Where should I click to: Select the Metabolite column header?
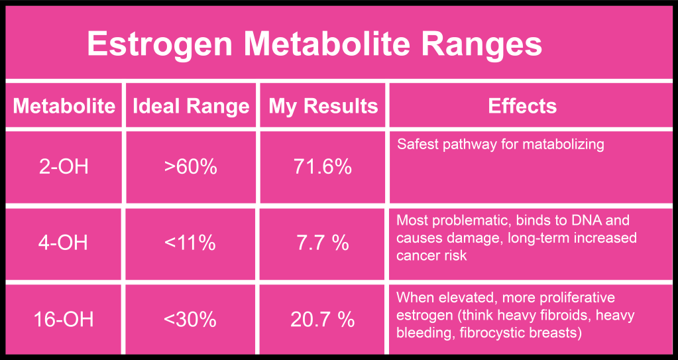coord(64,106)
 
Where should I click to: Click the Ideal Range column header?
coord(191,106)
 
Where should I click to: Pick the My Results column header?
coord(323,106)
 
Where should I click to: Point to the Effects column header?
coord(522,106)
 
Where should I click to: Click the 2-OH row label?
coord(64,167)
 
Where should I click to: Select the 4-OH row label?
coord(64,243)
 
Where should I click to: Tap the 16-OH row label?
coord(64,320)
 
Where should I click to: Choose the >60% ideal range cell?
coord(191,167)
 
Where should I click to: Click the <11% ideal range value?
coord(191,243)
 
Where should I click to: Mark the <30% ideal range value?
coord(191,320)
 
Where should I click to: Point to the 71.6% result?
coord(323,167)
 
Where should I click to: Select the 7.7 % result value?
coord(323,243)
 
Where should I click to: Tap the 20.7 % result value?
coord(323,320)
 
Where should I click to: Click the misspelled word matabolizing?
coord(565,144)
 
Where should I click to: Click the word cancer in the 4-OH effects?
coord(417,255)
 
